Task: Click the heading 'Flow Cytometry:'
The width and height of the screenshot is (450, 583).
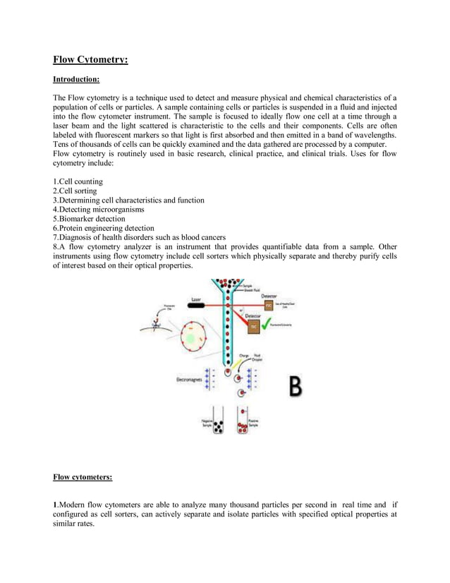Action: point(90,60)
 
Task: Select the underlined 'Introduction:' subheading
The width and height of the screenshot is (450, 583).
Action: point(76,80)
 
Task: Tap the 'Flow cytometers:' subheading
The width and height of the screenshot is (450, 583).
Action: point(83,477)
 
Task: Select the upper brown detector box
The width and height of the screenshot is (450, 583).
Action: point(269,305)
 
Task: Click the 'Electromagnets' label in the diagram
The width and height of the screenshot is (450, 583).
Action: point(188,379)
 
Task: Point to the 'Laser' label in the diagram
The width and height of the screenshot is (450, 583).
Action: point(197,299)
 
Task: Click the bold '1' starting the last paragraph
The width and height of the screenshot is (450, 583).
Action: point(55,505)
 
